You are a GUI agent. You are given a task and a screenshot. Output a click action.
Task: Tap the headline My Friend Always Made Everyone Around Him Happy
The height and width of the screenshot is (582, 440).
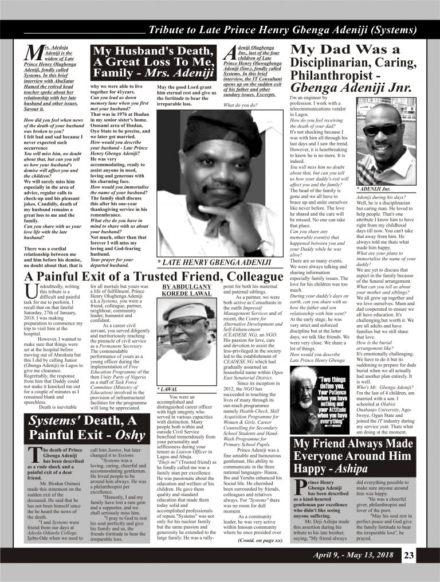click(353, 456)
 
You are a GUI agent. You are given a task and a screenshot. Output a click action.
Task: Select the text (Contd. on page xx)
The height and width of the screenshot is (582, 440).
click(260, 525)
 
